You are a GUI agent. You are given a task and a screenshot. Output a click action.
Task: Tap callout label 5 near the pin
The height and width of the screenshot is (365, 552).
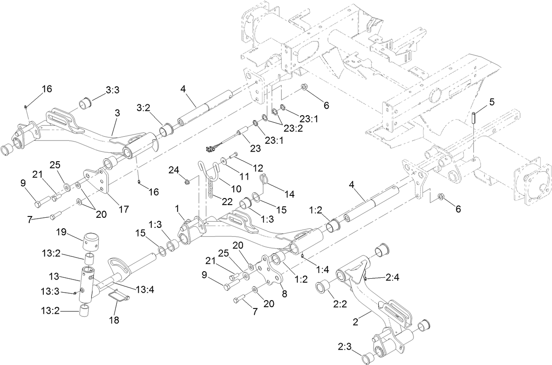(492, 102)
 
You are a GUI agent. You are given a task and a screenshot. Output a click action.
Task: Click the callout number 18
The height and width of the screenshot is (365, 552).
(114, 320)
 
